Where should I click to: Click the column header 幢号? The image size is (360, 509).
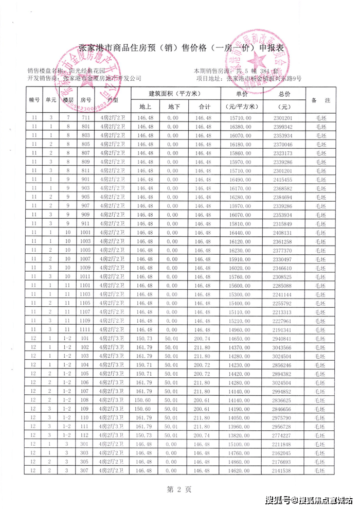click(x=35, y=100)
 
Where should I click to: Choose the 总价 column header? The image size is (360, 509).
click(x=284, y=94)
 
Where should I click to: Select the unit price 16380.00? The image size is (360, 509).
click(x=241, y=126)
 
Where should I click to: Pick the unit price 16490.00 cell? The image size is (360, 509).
click(x=241, y=180)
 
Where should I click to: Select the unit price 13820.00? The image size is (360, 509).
click(x=241, y=435)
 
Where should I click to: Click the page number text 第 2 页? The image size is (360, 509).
click(x=181, y=489)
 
